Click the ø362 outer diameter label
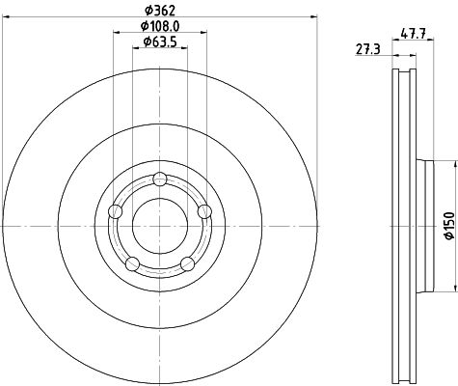pyautogui.click(x=159, y=10)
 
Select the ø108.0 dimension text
pyautogui.click(x=159, y=26)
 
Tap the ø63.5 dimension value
pyautogui.click(x=159, y=41)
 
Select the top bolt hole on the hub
pyautogui.click(x=159, y=178)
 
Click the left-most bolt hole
pyautogui.click(x=116, y=211)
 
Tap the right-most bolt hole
pyautogui.click(x=203, y=211)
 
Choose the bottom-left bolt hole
pyautogui.click(x=133, y=263)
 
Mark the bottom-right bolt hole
pyautogui.click(x=187, y=263)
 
